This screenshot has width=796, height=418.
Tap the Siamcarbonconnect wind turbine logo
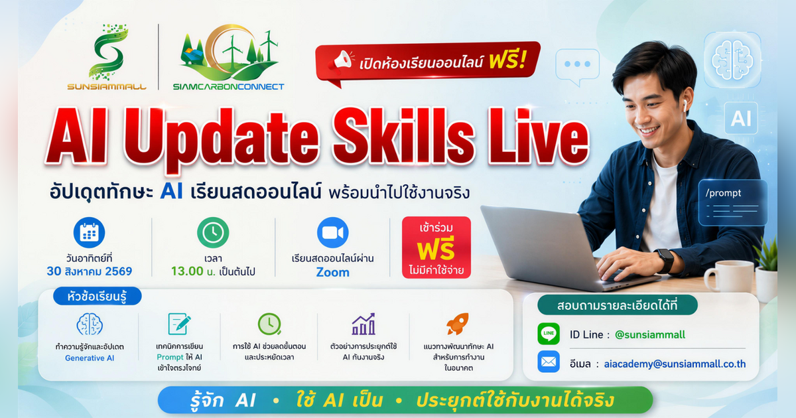230,52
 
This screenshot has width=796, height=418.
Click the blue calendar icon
89,232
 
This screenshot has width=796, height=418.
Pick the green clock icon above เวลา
213,232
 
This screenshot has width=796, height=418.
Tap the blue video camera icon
332,232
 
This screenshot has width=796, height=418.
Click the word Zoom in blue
332,272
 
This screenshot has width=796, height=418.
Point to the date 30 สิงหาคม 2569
89,271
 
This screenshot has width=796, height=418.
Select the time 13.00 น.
193,271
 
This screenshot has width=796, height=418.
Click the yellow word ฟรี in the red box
436,250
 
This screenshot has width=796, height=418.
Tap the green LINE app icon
549,334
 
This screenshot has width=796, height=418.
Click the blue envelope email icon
549,362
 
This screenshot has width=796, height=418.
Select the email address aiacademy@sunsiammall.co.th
675,364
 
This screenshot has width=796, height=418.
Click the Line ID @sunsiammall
650,334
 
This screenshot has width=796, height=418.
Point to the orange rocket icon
458,324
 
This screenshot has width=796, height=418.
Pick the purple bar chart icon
364,324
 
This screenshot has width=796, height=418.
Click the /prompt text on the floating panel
723,193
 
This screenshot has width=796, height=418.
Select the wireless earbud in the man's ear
684,105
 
